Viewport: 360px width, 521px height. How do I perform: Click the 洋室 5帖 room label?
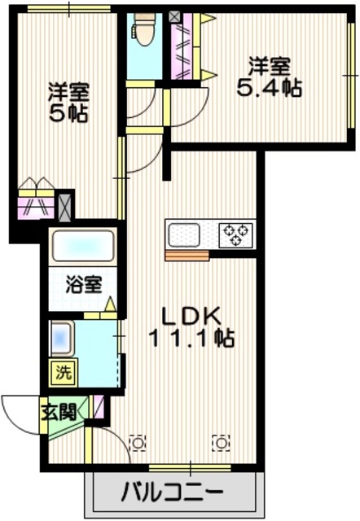68,102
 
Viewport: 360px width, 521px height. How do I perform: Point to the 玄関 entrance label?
58,411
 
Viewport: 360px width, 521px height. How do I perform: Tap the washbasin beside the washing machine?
62,335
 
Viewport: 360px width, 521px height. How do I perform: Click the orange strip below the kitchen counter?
187,256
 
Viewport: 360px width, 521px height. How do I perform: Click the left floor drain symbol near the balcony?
138,442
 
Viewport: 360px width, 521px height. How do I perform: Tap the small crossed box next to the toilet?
176,15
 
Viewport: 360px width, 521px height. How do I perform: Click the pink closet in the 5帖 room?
36,204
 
